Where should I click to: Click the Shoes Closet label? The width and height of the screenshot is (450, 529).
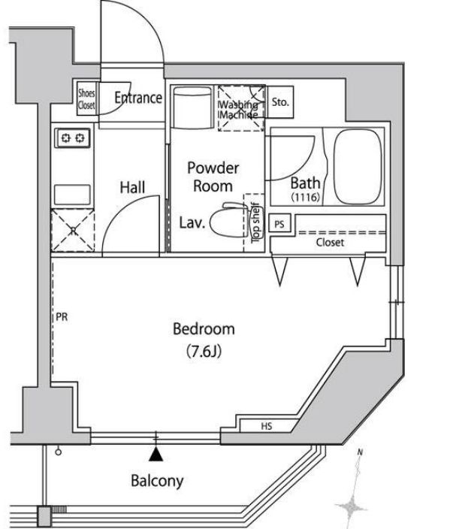click(86, 100)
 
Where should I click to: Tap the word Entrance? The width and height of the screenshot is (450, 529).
click(138, 98)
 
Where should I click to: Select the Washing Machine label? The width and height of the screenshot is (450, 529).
click(240, 110)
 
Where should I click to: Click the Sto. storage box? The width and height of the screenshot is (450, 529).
click(281, 101)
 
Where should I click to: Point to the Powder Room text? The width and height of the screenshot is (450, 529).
click(213, 177)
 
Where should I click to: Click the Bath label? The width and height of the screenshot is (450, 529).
click(306, 183)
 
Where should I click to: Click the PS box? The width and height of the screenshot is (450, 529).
click(279, 224)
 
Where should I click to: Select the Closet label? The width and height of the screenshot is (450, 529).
click(330, 243)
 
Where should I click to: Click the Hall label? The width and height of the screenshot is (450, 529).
click(132, 188)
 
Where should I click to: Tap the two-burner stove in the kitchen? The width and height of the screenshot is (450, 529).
click(72, 138)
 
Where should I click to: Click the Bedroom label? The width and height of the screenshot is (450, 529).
click(204, 329)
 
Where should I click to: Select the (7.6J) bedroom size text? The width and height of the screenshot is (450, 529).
click(204, 350)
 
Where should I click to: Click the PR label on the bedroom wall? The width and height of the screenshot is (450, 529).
click(62, 317)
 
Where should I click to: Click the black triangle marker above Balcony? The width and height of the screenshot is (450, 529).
click(156, 454)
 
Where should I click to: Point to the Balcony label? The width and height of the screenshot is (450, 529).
click(156, 481)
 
